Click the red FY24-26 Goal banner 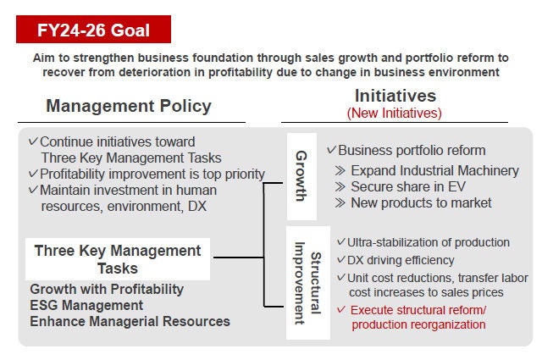click(x=93, y=30)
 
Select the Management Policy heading click(x=129, y=106)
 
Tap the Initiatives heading click(x=395, y=95)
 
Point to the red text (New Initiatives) click(x=395, y=112)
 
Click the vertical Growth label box click(x=301, y=175)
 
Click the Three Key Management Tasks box click(x=118, y=259)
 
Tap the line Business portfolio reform click(x=412, y=150)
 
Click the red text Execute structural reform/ click(x=418, y=309)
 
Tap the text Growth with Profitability click(x=106, y=290)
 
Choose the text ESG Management click(x=86, y=305)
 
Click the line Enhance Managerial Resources click(x=130, y=321)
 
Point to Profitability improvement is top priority click(x=152, y=174)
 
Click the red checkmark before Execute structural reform click(x=341, y=309)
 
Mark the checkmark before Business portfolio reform click(x=331, y=150)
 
